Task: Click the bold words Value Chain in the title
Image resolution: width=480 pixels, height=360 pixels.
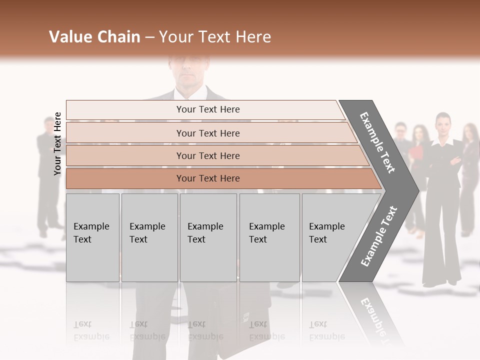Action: [94, 37]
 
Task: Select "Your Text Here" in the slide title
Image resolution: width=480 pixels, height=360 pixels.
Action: [215, 37]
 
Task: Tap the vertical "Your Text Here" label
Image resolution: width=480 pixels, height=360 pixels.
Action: [57, 143]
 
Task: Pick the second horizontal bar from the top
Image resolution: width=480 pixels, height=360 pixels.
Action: [208, 133]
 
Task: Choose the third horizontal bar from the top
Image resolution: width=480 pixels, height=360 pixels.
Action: [208, 155]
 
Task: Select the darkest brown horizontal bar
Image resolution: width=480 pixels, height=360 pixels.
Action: [208, 178]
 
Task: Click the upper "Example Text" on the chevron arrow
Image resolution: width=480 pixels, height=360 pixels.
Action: [378, 142]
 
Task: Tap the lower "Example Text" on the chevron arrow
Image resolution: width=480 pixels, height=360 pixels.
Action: [378, 236]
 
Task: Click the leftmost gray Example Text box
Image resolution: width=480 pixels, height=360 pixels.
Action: [92, 237]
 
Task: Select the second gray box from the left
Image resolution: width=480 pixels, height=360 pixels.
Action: [149, 237]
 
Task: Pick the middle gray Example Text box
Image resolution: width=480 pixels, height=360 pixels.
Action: [208, 237]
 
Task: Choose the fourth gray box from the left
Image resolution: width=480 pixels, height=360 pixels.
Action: [269, 237]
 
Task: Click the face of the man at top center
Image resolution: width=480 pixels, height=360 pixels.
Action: [188, 70]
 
